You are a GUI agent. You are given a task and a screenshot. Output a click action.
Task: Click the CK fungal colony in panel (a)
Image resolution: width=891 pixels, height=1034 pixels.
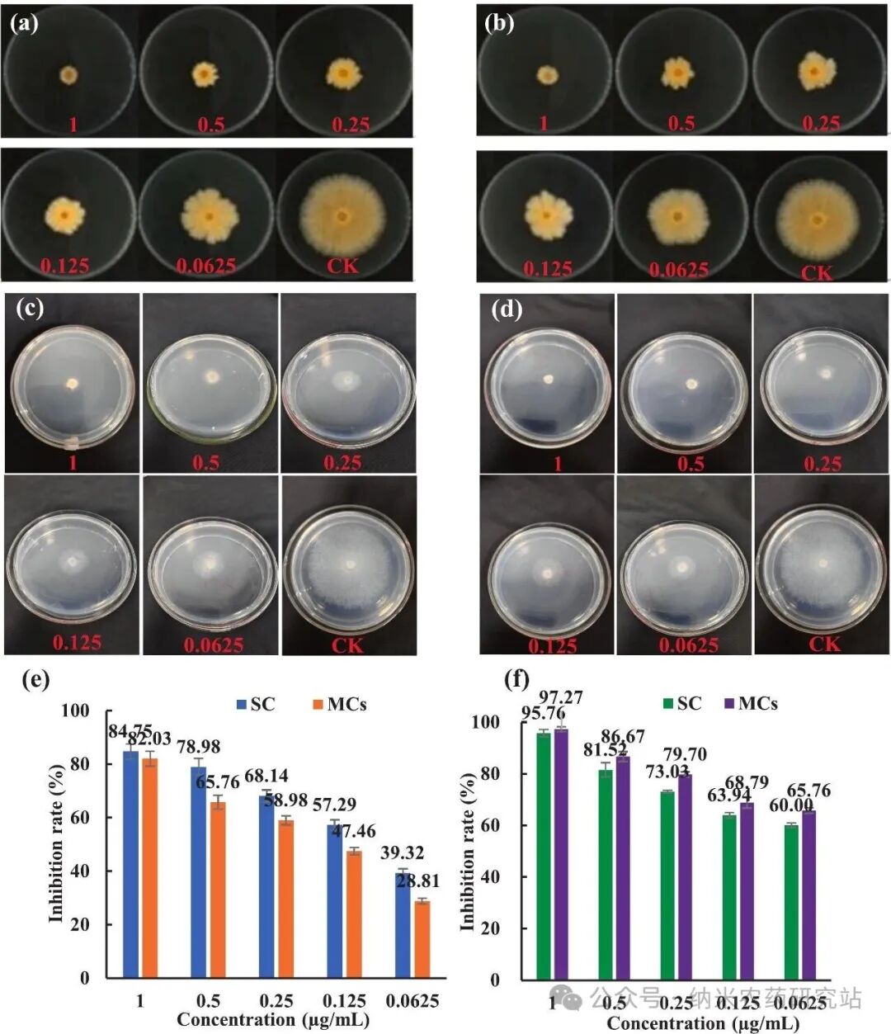(x=341, y=216)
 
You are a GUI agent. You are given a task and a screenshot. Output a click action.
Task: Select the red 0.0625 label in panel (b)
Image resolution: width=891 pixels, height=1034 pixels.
(x=678, y=270)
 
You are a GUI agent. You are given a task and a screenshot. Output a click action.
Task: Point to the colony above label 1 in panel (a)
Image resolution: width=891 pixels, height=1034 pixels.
(x=68, y=75)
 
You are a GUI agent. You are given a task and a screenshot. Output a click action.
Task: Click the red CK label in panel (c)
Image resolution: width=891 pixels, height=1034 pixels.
(x=346, y=644)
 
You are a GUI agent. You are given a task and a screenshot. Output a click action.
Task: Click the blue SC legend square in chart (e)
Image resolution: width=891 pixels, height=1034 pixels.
(x=241, y=704)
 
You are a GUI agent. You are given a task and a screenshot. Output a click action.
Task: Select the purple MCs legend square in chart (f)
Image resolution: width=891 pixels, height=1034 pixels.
(x=728, y=703)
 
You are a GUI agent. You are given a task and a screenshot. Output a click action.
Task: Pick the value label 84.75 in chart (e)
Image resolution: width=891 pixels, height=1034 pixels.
(x=130, y=731)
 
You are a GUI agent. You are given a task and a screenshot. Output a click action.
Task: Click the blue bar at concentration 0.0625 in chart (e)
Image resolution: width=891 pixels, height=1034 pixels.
(x=402, y=926)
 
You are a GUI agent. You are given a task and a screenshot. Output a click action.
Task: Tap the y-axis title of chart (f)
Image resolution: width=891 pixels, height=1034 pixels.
(x=468, y=851)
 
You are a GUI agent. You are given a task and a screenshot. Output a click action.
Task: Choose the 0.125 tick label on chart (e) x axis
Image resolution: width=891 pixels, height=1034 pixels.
(x=344, y=1001)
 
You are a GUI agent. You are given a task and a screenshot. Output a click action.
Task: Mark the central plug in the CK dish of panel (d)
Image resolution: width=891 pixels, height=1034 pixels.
(x=824, y=564)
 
